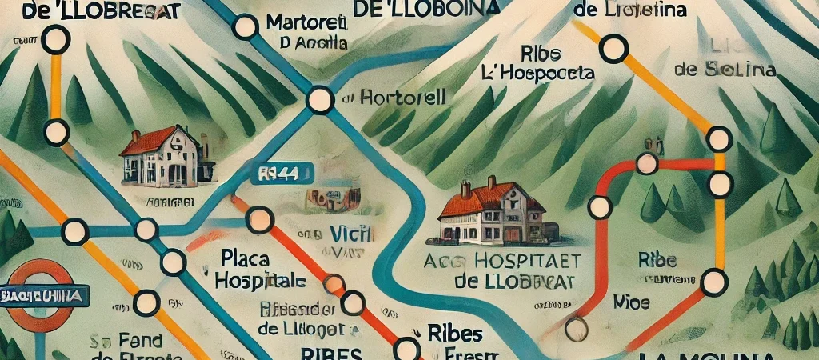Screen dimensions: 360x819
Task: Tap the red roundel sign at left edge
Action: click(x=40, y=296)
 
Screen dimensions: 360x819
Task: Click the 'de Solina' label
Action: click(x=725, y=70)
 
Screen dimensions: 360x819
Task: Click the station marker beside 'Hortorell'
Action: click(x=319, y=100)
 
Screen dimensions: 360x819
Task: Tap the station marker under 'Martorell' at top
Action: click(x=246, y=27)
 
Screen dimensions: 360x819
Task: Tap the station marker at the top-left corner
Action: click(x=54, y=38)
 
